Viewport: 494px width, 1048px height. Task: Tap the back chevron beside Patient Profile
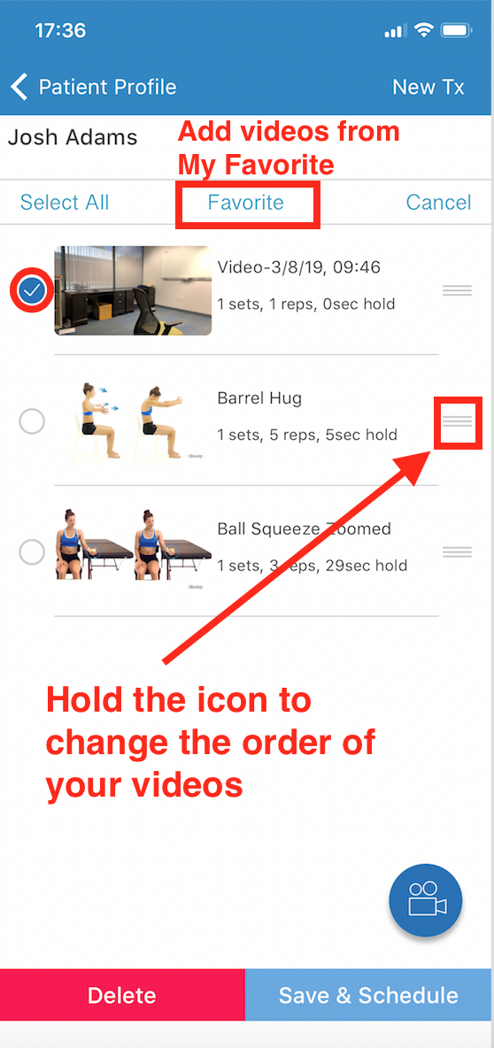tap(19, 87)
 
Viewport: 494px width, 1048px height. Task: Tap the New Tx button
tap(428, 87)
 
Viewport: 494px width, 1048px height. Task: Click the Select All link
tap(64, 203)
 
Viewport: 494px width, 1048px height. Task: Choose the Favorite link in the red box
tap(245, 203)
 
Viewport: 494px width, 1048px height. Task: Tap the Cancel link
tap(438, 203)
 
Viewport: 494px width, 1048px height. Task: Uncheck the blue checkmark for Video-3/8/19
tap(31, 290)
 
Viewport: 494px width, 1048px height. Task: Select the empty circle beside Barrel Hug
tap(32, 421)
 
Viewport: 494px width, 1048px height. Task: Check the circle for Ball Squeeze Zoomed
tap(32, 552)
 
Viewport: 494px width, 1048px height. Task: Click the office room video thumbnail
tap(133, 290)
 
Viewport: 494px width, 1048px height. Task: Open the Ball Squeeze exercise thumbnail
tap(134, 544)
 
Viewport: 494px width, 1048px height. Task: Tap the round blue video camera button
tap(426, 900)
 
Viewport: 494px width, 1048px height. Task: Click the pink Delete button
tap(122, 995)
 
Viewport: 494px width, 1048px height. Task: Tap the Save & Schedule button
tap(369, 995)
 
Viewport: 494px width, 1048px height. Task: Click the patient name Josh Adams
tap(73, 138)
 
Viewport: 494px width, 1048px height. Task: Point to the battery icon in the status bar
tap(457, 31)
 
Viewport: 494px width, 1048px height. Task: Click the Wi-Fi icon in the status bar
tap(424, 30)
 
